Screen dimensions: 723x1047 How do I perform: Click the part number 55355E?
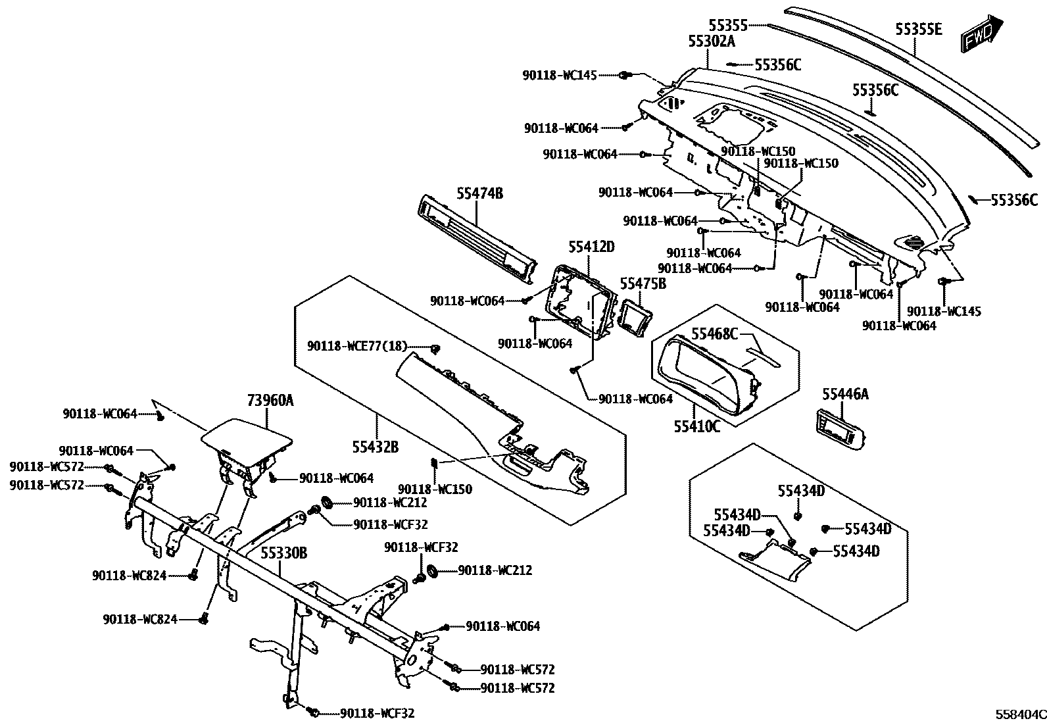(x=918, y=30)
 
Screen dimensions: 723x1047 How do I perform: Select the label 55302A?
(x=711, y=41)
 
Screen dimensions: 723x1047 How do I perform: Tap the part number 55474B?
(x=480, y=193)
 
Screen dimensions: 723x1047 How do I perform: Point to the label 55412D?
(x=591, y=247)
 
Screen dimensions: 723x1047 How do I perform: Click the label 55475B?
(x=643, y=284)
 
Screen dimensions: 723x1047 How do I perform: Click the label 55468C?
(x=714, y=334)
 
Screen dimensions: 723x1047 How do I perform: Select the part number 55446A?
(x=845, y=394)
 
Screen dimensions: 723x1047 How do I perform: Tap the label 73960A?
(x=270, y=401)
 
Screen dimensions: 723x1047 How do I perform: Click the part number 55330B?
(x=285, y=553)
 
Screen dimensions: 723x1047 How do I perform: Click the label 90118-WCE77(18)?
(x=357, y=347)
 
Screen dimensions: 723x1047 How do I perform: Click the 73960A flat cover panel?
(x=247, y=437)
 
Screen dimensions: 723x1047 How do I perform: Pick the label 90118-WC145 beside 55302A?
(x=560, y=76)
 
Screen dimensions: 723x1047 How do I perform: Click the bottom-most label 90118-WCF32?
(x=377, y=713)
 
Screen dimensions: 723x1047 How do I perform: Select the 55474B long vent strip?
(x=474, y=239)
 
